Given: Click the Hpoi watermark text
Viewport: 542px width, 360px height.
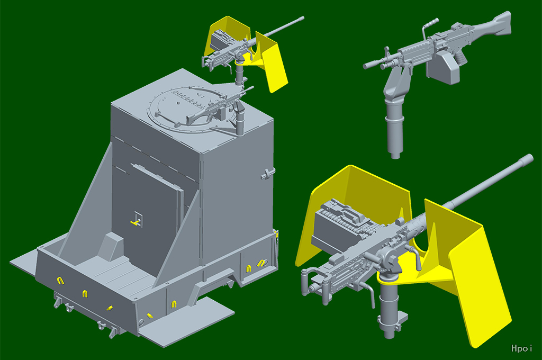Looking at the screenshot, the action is (x=521, y=348).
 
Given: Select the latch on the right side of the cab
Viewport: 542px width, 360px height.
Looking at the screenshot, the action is (x=268, y=174).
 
